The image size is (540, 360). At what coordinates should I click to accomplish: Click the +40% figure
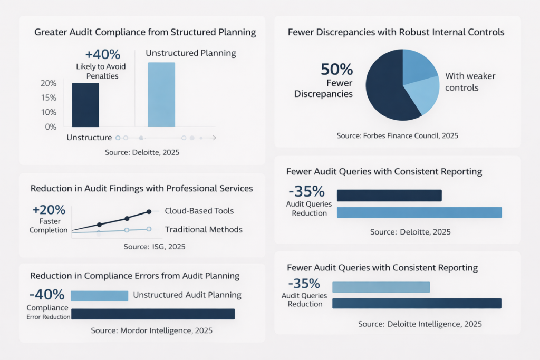click(x=103, y=54)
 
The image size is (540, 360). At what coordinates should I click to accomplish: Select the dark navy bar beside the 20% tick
click(x=85, y=105)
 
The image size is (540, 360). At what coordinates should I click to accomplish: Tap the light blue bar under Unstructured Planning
click(x=161, y=95)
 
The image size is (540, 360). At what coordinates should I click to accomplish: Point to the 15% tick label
click(x=49, y=98)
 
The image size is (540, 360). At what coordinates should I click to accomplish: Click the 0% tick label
click(x=51, y=127)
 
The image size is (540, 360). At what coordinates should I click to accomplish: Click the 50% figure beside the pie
click(x=337, y=70)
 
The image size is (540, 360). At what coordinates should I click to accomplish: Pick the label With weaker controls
click(x=470, y=82)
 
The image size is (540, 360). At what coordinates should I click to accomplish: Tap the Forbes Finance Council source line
click(x=397, y=135)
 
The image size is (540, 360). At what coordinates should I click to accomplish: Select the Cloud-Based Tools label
click(x=199, y=211)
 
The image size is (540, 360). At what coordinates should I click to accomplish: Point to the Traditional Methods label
click(x=204, y=229)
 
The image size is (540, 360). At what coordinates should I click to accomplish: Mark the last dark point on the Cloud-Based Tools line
click(x=149, y=211)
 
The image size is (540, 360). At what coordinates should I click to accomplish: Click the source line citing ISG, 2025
click(x=154, y=246)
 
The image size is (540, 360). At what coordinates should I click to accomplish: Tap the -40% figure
click(x=47, y=294)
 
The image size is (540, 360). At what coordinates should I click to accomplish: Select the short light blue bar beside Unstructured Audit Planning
click(x=99, y=296)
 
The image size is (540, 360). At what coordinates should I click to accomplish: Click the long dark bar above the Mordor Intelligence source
click(x=152, y=314)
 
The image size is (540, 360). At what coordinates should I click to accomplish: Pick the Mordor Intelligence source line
click(x=151, y=330)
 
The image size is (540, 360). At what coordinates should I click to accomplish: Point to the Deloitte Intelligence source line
click(x=420, y=324)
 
